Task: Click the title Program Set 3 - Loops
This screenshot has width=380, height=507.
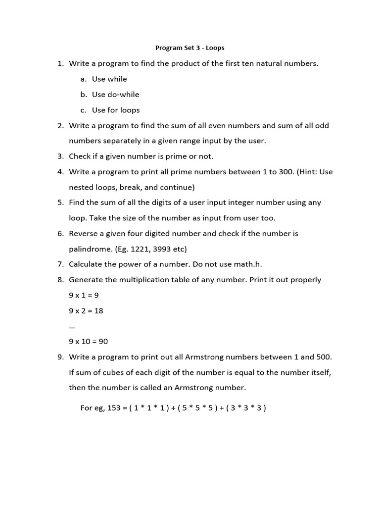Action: point(190,48)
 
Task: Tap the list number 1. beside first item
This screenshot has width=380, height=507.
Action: point(60,63)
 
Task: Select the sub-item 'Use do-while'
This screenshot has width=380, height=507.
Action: point(115,95)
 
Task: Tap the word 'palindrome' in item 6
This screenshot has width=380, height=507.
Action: point(90,249)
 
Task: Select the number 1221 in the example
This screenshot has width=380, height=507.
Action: point(137,249)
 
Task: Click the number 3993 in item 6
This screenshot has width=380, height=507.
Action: point(162,249)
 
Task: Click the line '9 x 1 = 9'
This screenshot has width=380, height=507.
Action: point(84,295)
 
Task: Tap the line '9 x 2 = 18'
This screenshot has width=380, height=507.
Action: point(86,311)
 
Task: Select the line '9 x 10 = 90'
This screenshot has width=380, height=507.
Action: point(88,342)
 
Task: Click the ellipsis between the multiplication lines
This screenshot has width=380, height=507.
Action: point(72,325)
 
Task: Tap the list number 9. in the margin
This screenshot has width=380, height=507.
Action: point(60,357)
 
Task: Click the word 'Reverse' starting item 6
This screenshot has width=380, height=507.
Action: point(84,233)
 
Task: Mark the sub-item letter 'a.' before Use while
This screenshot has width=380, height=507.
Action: point(83,79)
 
